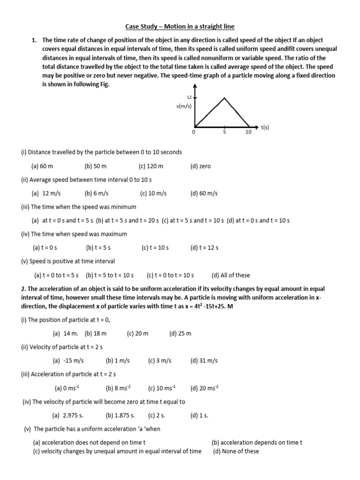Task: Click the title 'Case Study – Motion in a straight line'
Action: point(180,27)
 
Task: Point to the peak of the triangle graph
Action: point(225,97)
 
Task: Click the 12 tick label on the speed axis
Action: point(190,97)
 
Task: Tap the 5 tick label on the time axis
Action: point(225,133)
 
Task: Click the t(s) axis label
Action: point(265,127)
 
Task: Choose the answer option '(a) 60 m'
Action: point(42,166)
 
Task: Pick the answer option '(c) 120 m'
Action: point(151,166)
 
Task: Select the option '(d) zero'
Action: point(201,166)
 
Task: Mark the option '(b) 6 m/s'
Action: point(97,193)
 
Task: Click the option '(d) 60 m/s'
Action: point(204,193)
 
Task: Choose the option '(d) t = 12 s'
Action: point(204,247)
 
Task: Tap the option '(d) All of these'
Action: point(231,275)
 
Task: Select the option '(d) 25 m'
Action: point(180,333)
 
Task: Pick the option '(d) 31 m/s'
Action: point(204,360)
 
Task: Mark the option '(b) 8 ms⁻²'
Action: point(118,388)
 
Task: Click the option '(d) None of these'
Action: point(236,451)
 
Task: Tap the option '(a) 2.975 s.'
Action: point(69,415)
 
